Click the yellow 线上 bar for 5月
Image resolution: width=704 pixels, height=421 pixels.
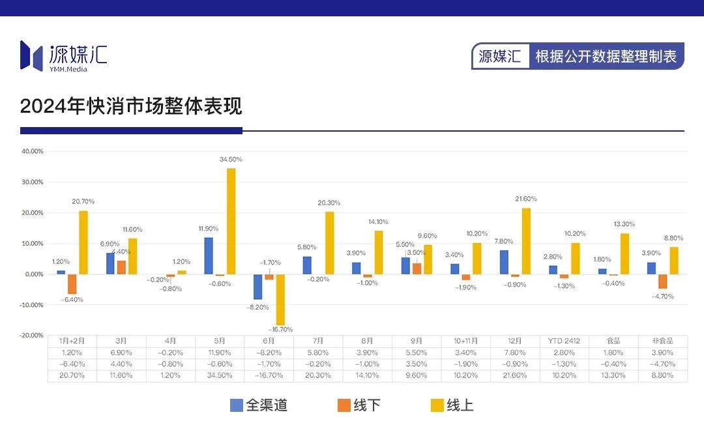[231, 221]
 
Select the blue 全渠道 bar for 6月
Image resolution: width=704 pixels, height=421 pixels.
[257, 287]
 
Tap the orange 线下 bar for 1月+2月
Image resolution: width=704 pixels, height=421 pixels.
[72, 283]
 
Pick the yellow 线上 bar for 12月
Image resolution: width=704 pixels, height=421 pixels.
[526, 241]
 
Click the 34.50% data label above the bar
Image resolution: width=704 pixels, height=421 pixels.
[231, 159]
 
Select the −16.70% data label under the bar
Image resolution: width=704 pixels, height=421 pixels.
[280, 329]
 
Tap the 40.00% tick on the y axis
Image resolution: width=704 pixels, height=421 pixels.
[32, 151]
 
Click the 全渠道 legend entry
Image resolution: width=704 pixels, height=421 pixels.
[259, 405]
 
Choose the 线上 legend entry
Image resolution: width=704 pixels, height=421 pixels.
[452, 405]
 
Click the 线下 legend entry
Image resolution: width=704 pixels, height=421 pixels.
[359, 405]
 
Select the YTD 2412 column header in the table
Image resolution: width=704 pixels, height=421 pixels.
[564, 341]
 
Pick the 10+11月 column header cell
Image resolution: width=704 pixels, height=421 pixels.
[465, 341]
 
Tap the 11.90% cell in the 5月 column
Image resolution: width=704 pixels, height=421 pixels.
[220, 353]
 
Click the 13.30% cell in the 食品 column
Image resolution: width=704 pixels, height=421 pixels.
[613, 376]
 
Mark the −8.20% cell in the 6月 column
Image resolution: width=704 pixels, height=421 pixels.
[269, 353]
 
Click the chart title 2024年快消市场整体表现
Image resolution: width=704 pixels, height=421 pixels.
[131, 106]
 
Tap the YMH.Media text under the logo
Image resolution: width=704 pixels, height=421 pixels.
[68, 69]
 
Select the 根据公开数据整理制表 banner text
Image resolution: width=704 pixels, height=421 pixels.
[606, 57]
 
